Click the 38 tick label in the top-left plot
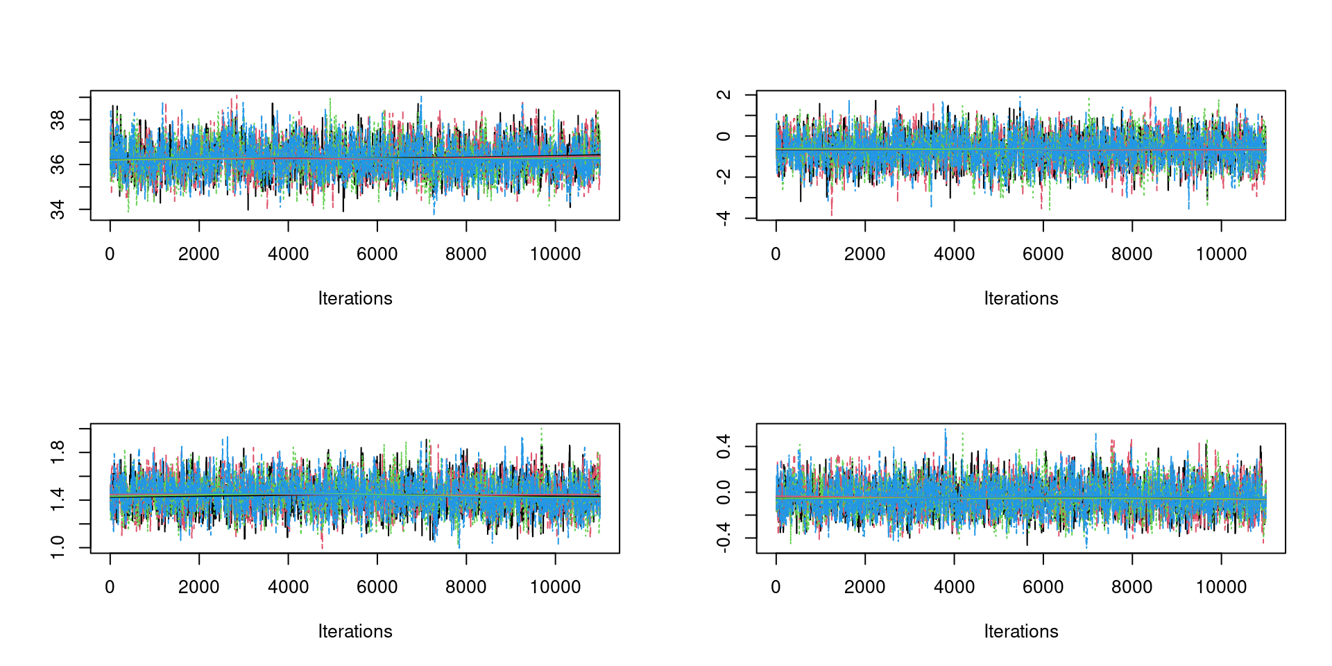(x=58, y=120)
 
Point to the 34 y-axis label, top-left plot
(x=58, y=209)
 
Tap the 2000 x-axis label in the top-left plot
(x=199, y=255)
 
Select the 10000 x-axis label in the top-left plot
(x=555, y=255)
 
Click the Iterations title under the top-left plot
(x=355, y=299)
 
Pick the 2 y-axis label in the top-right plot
(x=724, y=95)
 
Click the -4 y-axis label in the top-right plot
(x=724, y=219)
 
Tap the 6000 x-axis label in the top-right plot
(x=1043, y=255)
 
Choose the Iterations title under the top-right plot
(x=1021, y=299)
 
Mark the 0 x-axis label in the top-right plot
(x=776, y=255)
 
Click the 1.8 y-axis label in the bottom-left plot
(x=58, y=452)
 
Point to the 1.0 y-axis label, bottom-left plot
(x=58, y=547)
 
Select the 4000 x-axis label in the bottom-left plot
(x=288, y=588)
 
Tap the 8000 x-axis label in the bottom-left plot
(x=466, y=588)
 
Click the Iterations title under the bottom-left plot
(x=355, y=632)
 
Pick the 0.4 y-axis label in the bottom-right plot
(x=724, y=446)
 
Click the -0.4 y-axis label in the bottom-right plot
(x=724, y=538)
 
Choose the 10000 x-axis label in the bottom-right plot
(x=1221, y=588)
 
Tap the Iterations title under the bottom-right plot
(x=1021, y=632)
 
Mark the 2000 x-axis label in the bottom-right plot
(x=865, y=588)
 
